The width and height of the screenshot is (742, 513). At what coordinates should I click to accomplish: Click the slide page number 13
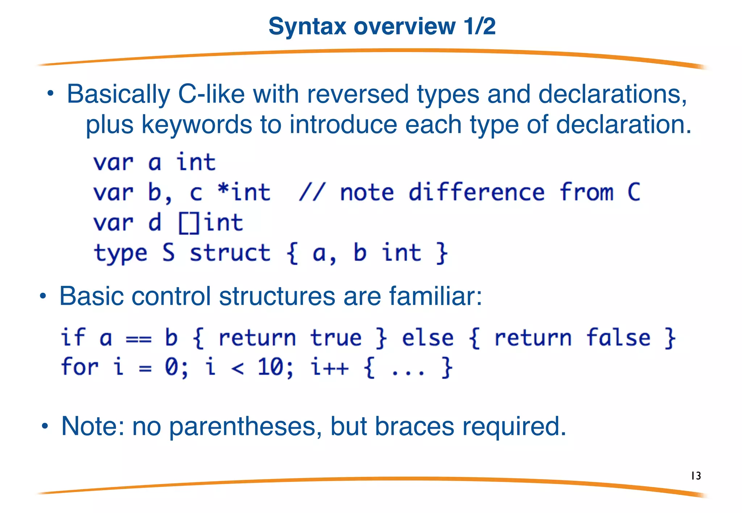tap(696, 476)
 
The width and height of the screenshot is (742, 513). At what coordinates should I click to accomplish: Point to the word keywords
tap(197, 125)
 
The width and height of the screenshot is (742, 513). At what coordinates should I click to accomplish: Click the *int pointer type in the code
tap(244, 192)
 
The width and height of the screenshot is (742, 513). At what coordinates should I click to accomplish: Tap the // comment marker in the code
tap(312, 192)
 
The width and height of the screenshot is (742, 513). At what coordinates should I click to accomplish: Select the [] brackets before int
tap(189, 223)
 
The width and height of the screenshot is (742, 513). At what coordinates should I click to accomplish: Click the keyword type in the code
tap(121, 253)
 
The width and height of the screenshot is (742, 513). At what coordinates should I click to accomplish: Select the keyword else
tap(428, 338)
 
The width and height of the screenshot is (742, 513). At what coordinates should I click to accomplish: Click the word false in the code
tap(618, 338)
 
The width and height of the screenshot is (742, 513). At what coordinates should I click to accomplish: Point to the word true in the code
tap(336, 338)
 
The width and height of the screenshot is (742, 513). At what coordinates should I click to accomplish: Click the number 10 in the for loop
tap(270, 367)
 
